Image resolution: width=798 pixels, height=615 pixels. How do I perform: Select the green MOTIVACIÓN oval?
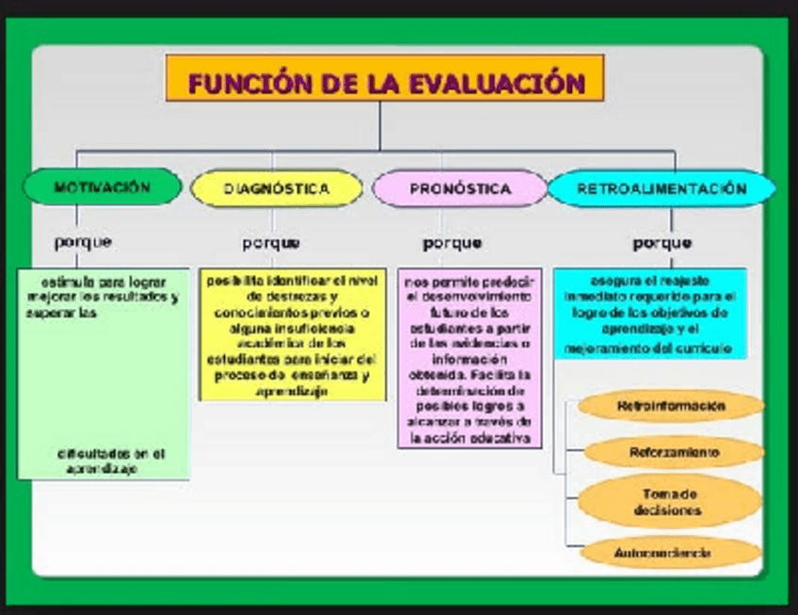click(102, 186)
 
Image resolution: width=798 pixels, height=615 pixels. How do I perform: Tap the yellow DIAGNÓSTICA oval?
click(277, 188)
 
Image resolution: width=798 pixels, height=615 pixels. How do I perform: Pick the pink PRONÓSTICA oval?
click(459, 188)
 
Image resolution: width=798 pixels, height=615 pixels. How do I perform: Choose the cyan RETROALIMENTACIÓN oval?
click(662, 188)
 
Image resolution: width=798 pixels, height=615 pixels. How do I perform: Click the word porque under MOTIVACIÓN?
click(83, 242)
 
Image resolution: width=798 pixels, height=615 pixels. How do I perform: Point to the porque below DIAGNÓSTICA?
click(271, 243)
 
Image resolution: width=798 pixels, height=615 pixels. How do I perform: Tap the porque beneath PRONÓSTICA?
click(452, 243)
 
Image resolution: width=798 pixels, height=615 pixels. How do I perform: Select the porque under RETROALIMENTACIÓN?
click(662, 243)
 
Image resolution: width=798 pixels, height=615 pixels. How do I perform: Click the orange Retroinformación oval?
click(670, 406)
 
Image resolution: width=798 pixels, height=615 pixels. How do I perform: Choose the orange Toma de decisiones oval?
click(670, 502)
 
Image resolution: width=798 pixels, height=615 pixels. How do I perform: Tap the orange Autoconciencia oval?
click(670, 552)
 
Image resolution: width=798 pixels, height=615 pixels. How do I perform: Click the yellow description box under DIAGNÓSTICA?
click(292, 334)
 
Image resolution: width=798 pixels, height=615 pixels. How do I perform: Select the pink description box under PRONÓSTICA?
click(470, 358)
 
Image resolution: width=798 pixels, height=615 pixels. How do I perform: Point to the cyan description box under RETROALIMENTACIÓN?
click(649, 314)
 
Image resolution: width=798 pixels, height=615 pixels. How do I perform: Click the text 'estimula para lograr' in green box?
click(103, 282)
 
